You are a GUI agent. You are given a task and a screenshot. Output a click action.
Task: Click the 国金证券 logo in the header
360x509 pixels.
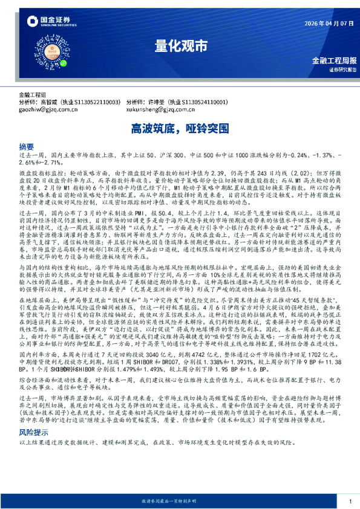tap(47, 22)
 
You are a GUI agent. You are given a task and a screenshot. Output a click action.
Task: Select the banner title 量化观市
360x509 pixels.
tap(180, 46)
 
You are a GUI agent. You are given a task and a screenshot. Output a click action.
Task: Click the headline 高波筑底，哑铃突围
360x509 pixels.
tap(180, 128)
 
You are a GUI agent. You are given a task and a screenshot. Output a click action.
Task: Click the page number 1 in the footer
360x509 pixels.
tap(350, 501)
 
